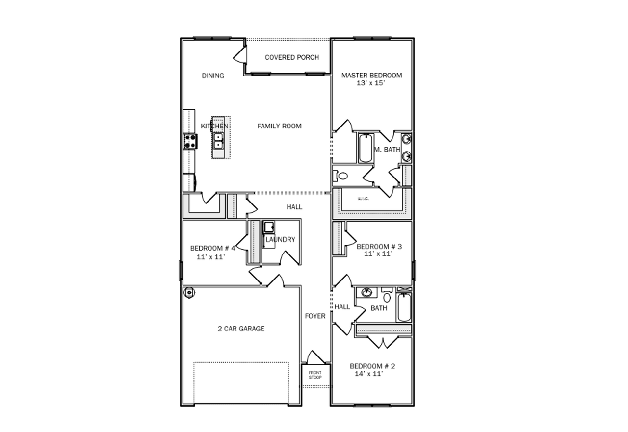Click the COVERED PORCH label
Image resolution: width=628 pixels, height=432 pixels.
point(292,57)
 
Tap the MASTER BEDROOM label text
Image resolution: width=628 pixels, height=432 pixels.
point(371,76)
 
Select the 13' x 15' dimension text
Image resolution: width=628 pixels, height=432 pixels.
point(371,83)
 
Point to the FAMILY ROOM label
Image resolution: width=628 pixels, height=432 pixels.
point(280,126)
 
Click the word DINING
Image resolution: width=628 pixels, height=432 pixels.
point(213,76)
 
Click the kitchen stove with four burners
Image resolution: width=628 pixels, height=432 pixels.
point(190,141)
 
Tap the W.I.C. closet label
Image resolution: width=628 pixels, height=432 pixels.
point(363,199)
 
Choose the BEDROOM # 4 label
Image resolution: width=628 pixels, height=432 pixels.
point(212,248)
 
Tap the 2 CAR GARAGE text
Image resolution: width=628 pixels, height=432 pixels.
point(241,329)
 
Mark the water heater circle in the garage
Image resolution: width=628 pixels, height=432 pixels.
point(188,292)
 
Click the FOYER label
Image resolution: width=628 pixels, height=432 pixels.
point(315,316)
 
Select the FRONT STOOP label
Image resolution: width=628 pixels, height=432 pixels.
point(315,375)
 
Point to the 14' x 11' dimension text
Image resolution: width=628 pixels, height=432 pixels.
point(368,374)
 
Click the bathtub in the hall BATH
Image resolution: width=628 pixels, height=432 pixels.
point(404,307)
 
